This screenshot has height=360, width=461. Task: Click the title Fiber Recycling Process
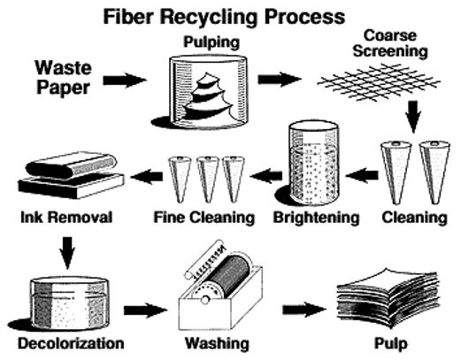click(224, 17)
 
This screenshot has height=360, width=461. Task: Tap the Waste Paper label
click(64, 77)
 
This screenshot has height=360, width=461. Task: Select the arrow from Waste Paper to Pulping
click(125, 80)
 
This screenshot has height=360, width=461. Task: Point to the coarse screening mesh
click(379, 83)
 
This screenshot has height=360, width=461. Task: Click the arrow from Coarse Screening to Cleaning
click(413, 117)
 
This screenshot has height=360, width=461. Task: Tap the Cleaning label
click(414, 218)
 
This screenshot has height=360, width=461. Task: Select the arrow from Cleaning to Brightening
click(362, 175)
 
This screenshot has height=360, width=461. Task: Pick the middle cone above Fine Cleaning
click(208, 180)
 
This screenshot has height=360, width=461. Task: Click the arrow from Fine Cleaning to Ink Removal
click(147, 177)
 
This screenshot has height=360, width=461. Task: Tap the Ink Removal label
click(66, 218)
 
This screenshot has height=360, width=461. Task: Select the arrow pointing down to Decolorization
click(67, 253)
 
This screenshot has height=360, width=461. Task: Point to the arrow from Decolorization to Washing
click(145, 310)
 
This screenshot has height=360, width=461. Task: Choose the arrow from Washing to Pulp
click(304, 310)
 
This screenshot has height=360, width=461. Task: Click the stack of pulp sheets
click(388, 298)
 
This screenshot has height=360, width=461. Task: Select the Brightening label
click(316, 218)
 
